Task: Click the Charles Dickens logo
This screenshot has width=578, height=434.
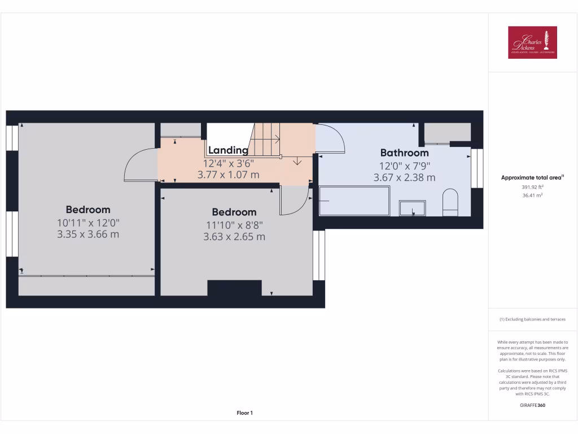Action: click(x=532, y=42)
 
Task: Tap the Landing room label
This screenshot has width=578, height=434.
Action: click(x=228, y=150)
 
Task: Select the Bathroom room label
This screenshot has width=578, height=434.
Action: click(x=404, y=153)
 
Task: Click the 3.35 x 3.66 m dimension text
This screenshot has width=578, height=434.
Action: click(x=88, y=234)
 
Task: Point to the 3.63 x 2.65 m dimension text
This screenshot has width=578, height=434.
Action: click(x=234, y=237)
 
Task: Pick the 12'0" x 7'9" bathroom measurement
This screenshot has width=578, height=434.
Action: click(x=404, y=166)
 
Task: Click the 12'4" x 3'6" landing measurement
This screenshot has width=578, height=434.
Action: click(x=228, y=163)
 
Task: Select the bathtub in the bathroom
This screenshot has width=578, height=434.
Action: click(x=354, y=201)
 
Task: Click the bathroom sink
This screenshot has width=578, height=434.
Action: click(x=413, y=208)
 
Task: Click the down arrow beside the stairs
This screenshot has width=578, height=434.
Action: click(x=297, y=162)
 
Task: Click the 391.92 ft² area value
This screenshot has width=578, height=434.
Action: click(x=532, y=186)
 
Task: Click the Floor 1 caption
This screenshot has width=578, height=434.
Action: click(x=244, y=413)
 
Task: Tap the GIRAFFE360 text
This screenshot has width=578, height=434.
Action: click(x=532, y=405)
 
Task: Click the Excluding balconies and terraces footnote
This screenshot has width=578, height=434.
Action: click(x=532, y=319)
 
